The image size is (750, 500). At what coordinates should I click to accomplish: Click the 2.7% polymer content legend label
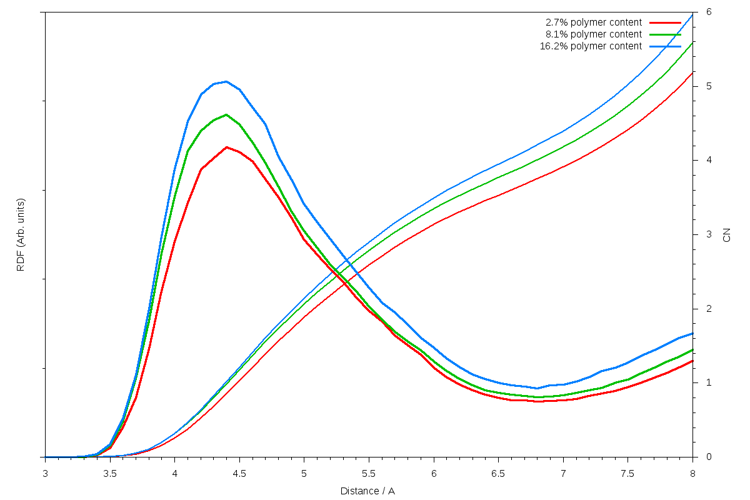coord(593,22)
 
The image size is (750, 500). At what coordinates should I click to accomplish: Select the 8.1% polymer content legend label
coord(593,34)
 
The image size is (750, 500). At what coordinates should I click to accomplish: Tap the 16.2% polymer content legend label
coord(591,46)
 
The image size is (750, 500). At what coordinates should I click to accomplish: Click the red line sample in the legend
coord(665,22)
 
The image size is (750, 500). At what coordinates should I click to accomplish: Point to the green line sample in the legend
coord(665,34)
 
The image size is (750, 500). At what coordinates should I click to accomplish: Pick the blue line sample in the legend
coord(665,46)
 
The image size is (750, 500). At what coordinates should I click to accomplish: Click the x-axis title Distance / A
coord(367,491)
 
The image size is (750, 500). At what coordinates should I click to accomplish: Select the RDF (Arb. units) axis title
coord(21,235)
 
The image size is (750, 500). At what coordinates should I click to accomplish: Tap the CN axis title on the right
coord(726,235)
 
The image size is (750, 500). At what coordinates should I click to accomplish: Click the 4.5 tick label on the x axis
coord(239,474)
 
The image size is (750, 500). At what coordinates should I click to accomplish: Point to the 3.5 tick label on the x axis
coord(110,474)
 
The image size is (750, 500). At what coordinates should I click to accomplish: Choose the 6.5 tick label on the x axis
coord(498,474)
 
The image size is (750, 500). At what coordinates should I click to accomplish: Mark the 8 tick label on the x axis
coord(692,474)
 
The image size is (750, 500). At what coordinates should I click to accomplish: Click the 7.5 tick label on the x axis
coord(627,474)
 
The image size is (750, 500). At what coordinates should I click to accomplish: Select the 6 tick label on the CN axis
coord(709,12)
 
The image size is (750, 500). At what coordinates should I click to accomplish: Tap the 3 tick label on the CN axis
coord(709,234)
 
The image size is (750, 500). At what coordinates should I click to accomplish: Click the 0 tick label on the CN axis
coord(709,457)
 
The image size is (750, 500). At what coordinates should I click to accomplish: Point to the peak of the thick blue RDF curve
coord(226,81)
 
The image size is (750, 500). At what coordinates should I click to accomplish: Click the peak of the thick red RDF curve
coord(226,147)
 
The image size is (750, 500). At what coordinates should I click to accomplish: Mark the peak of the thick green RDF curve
coord(226,114)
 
